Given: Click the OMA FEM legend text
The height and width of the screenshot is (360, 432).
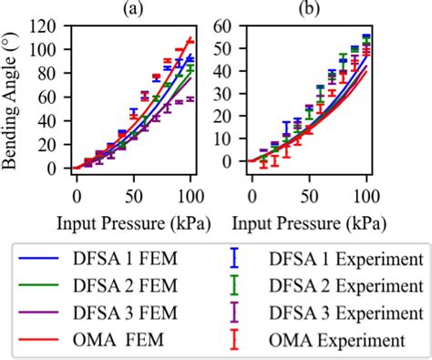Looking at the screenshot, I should pos(128,341).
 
